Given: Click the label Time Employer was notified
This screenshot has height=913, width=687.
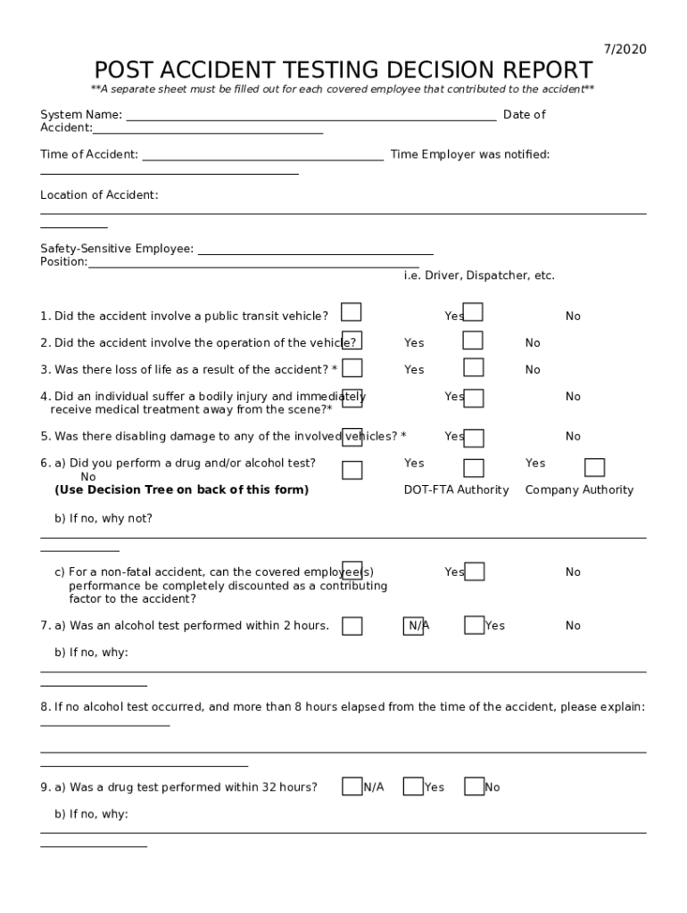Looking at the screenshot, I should [x=470, y=155].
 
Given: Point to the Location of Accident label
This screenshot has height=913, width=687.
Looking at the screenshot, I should [x=99, y=195].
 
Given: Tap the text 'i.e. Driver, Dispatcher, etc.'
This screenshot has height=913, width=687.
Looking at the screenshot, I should [x=479, y=276].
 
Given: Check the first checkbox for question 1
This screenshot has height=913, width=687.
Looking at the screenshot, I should [x=352, y=312].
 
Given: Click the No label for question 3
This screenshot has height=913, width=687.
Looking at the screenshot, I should [x=533, y=370].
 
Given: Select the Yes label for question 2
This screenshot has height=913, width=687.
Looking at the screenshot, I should [x=414, y=343].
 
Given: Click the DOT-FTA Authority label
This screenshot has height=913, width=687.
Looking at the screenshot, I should [x=456, y=490].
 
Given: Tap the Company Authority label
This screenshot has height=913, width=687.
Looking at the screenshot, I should [x=579, y=490].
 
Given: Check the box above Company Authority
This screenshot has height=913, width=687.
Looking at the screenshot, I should [x=594, y=468].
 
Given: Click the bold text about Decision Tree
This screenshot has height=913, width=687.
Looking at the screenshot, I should [x=181, y=490].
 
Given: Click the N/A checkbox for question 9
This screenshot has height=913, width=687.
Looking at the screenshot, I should [x=352, y=786].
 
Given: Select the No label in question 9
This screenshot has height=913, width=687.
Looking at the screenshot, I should [x=492, y=788].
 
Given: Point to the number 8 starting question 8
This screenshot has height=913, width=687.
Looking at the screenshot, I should [x=44, y=707].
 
